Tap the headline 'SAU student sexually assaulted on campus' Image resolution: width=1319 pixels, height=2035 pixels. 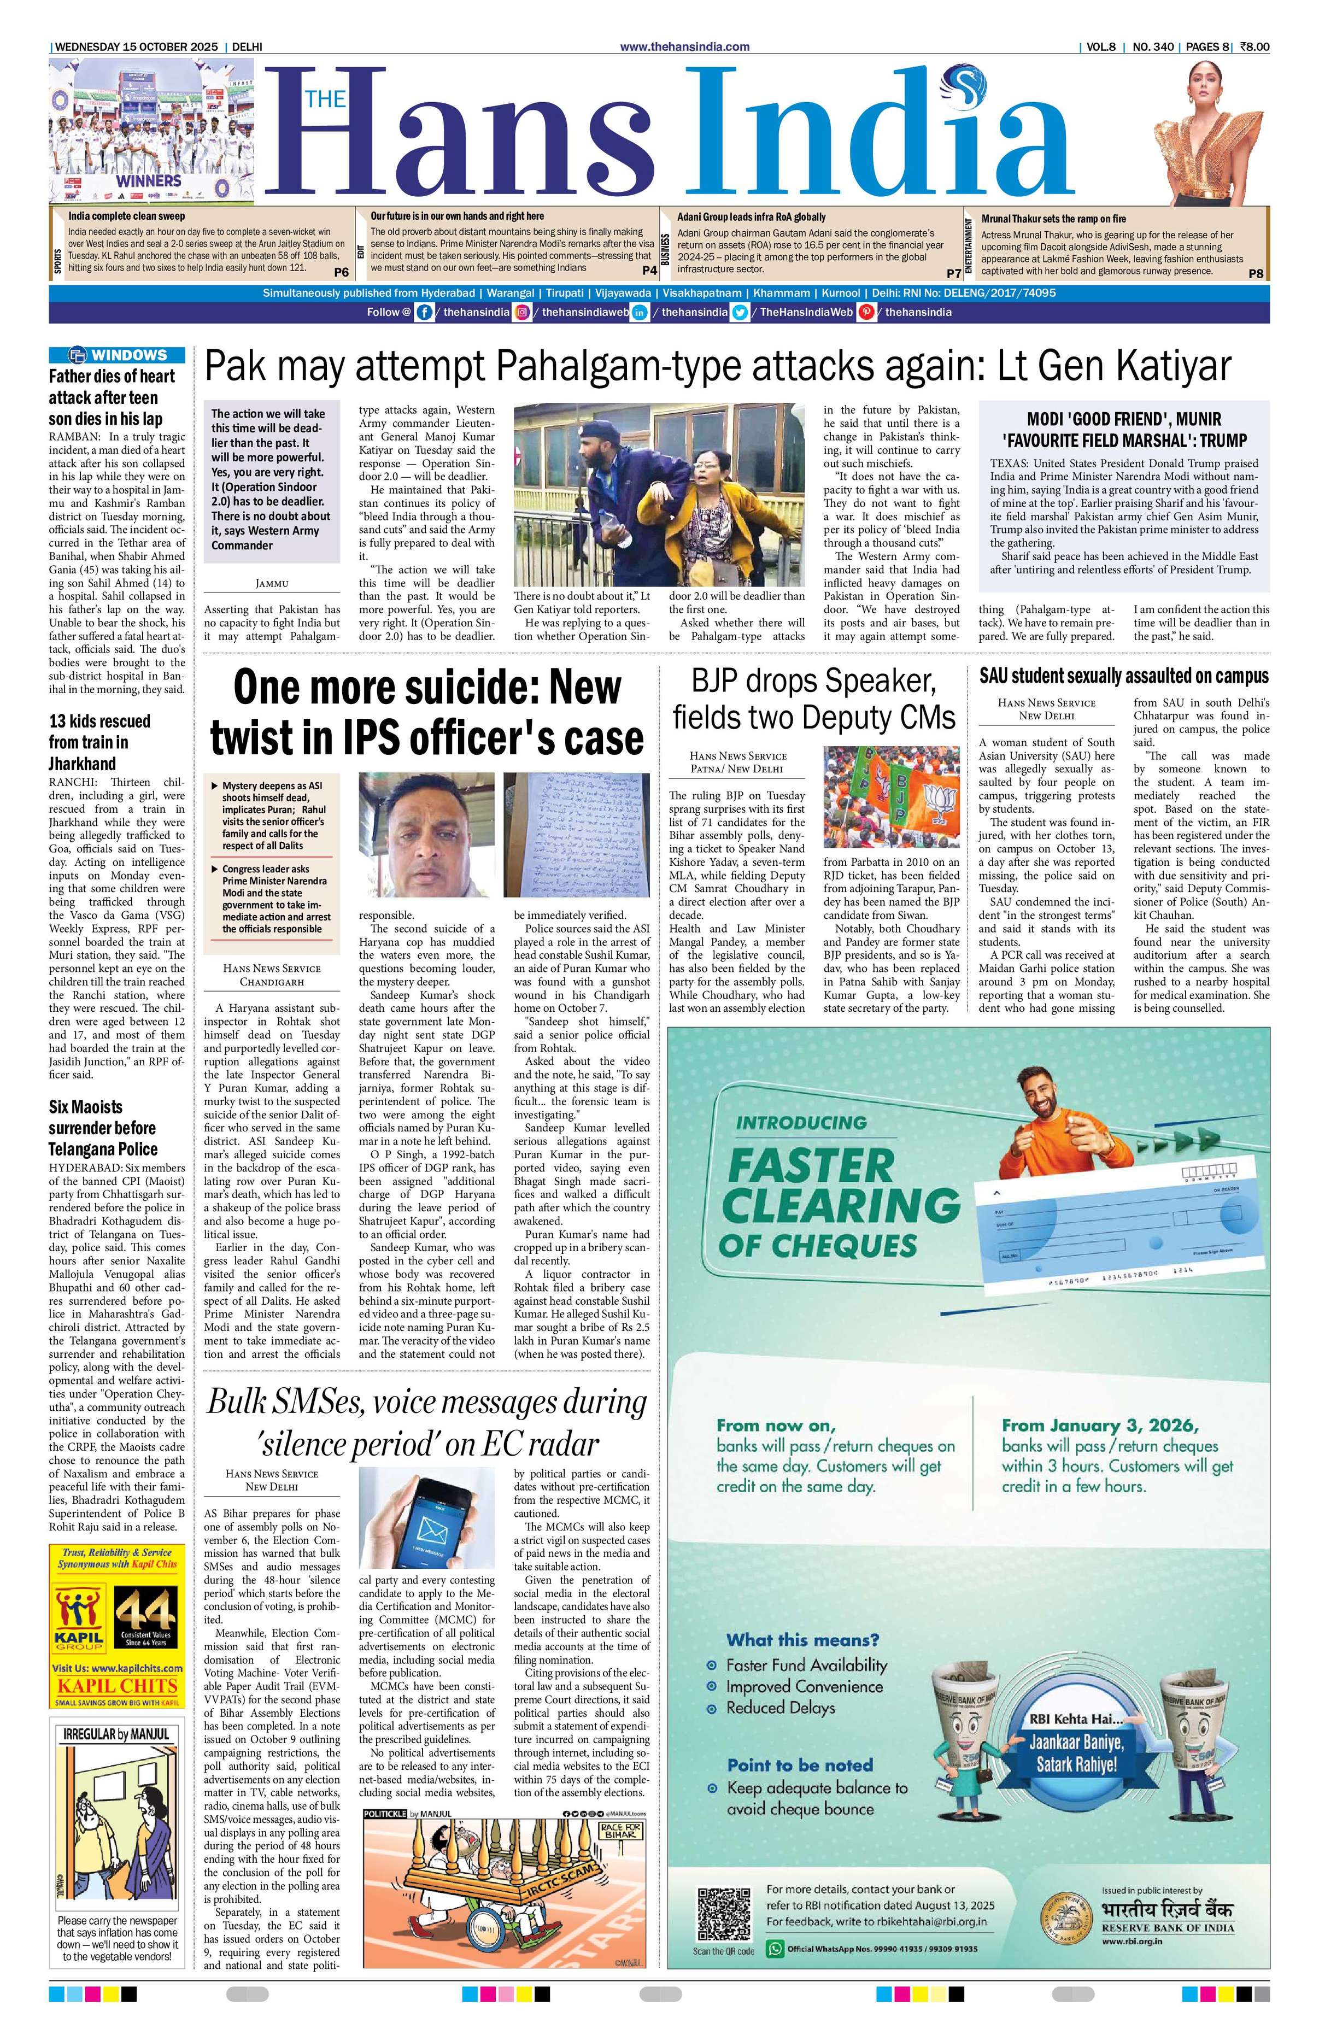[1123, 676]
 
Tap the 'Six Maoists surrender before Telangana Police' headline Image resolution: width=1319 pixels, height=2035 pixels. [103, 1128]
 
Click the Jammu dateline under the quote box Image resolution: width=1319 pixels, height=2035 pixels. [272, 583]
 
